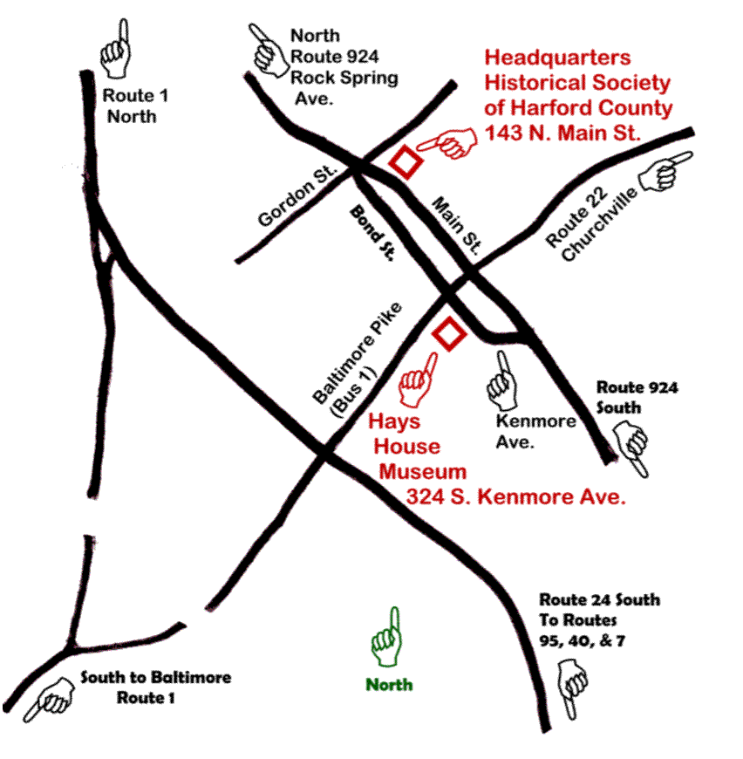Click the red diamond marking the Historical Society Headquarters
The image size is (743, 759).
tap(406, 162)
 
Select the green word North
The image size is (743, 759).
tap(389, 685)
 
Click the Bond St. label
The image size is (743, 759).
tap(373, 234)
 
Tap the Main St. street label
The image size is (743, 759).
tap(457, 225)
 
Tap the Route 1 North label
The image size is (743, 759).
tap(131, 105)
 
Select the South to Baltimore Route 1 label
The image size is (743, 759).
tap(143, 687)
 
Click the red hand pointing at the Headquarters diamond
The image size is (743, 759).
tap(446, 141)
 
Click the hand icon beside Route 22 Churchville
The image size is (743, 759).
tap(666, 171)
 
